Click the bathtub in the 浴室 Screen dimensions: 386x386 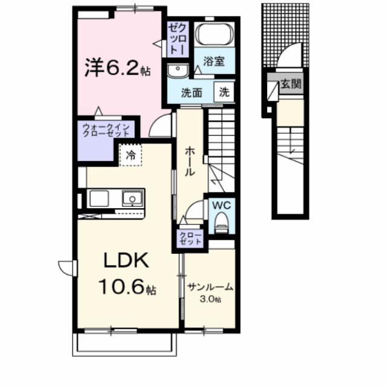(215, 35)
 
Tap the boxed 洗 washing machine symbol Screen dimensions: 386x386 (224, 93)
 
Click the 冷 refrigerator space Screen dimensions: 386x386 (130, 156)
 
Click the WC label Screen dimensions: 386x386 (220, 204)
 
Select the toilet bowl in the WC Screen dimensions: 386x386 (221, 222)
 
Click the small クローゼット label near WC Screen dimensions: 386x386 (189, 238)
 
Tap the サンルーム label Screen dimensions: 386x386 (210, 287)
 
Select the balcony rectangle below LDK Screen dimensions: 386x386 (124, 345)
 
